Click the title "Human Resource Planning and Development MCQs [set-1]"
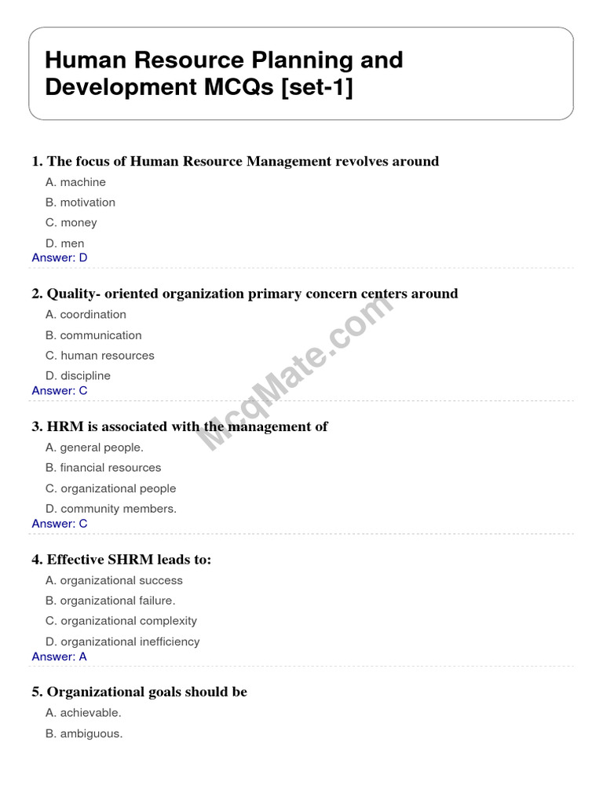[x=224, y=74]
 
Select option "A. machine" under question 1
[x=75, y=182]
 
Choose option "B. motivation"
[x=80, y=203]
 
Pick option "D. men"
[x=65, y=243]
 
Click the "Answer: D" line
[x=60, y=258]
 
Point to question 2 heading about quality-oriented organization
[x=244, y=294]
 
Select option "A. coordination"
[x=86, y=315]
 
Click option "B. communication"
[x=93, y=335]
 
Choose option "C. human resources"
[x=100, y=356]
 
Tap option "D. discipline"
[x=78, y=376]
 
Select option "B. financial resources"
[x=103, y=468]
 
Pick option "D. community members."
[x=111, y=509]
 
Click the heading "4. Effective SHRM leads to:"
[x=122, y=560]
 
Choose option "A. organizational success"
[x=114, y=581]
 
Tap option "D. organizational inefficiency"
[x=122, y=641]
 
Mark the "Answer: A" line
[x=60, y=656]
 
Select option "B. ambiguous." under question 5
[x=84, y=733]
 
